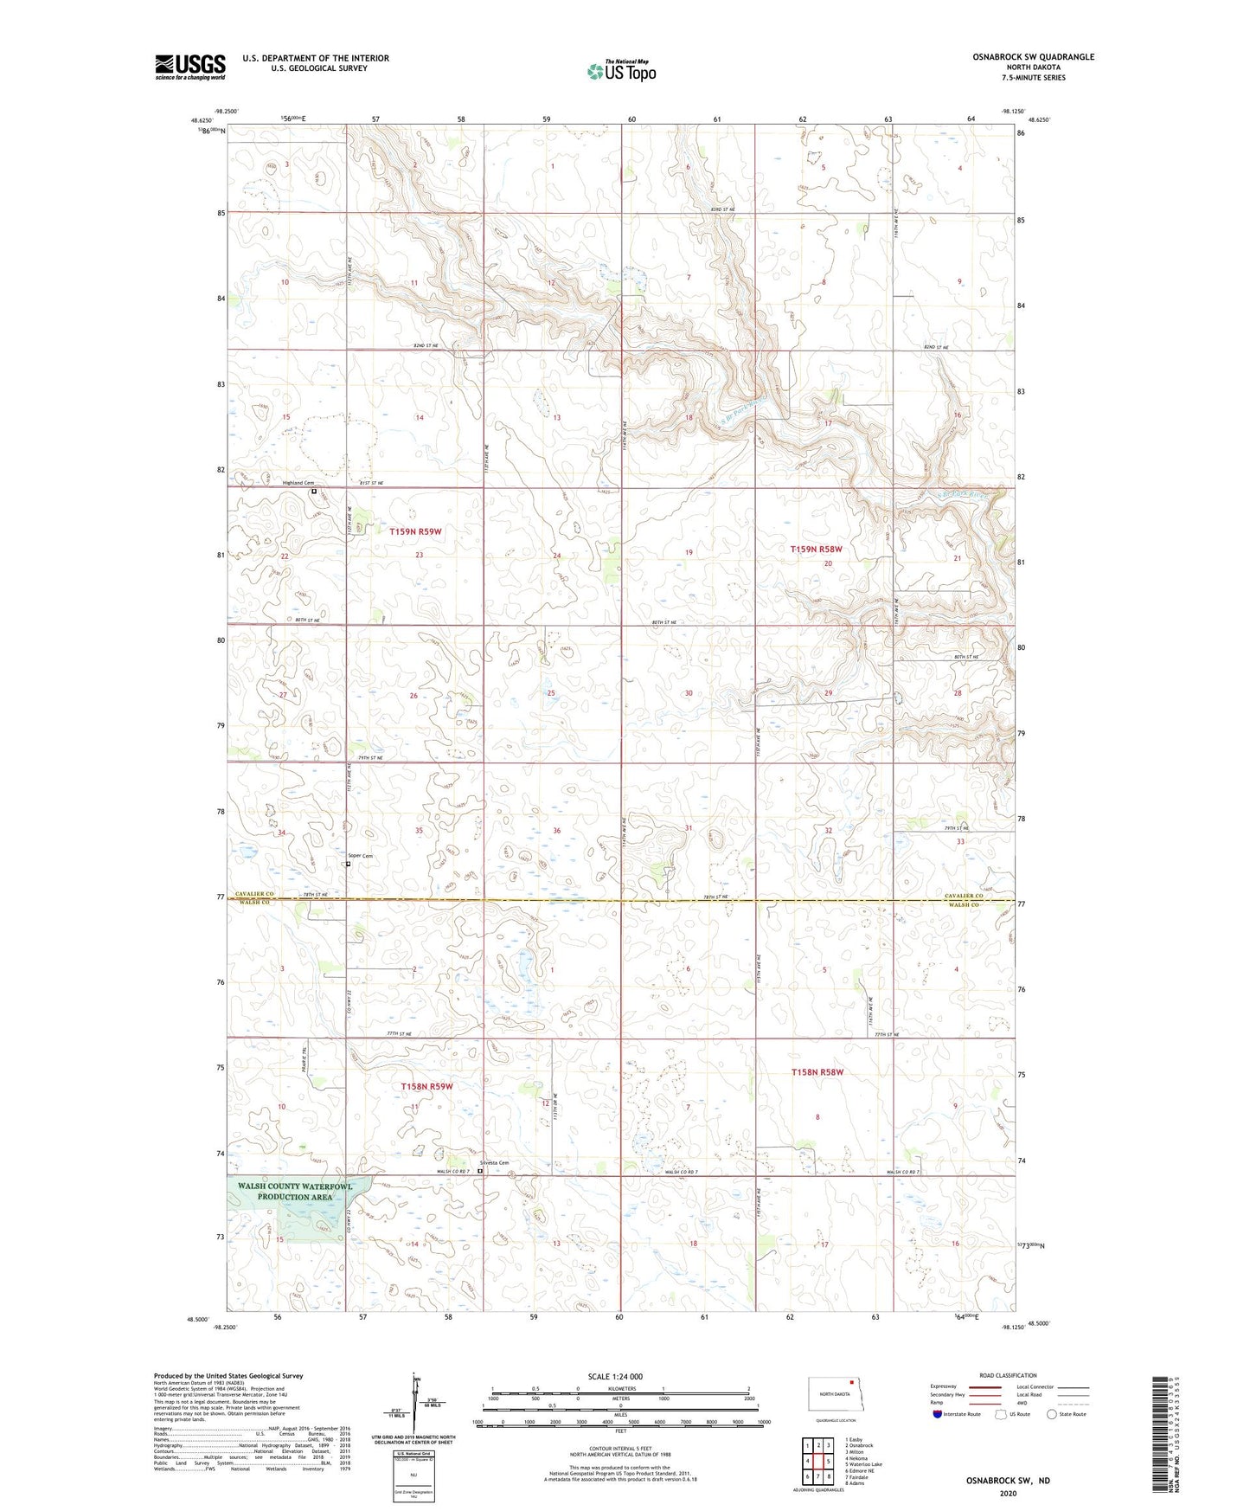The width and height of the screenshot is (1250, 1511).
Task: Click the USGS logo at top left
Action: (189, 67)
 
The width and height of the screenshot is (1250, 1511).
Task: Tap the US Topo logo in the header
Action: (621, 71)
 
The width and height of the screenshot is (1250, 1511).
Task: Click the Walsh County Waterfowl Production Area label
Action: (296, 1192)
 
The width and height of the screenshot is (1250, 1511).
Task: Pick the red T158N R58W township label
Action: (817, 1072)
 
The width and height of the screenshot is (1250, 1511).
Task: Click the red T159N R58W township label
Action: (816, 550)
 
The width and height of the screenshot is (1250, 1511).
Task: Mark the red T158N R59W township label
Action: (426, 1086)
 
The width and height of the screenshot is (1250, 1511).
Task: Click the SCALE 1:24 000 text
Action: (615, 1376)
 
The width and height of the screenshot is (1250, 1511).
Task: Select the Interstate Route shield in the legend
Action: (939, 1414)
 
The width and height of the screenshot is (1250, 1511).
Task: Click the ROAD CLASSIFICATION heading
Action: (1008, 1375)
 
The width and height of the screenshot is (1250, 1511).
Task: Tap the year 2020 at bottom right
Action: (1008, 1493)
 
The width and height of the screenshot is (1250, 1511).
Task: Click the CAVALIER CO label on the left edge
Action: (252, 896)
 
